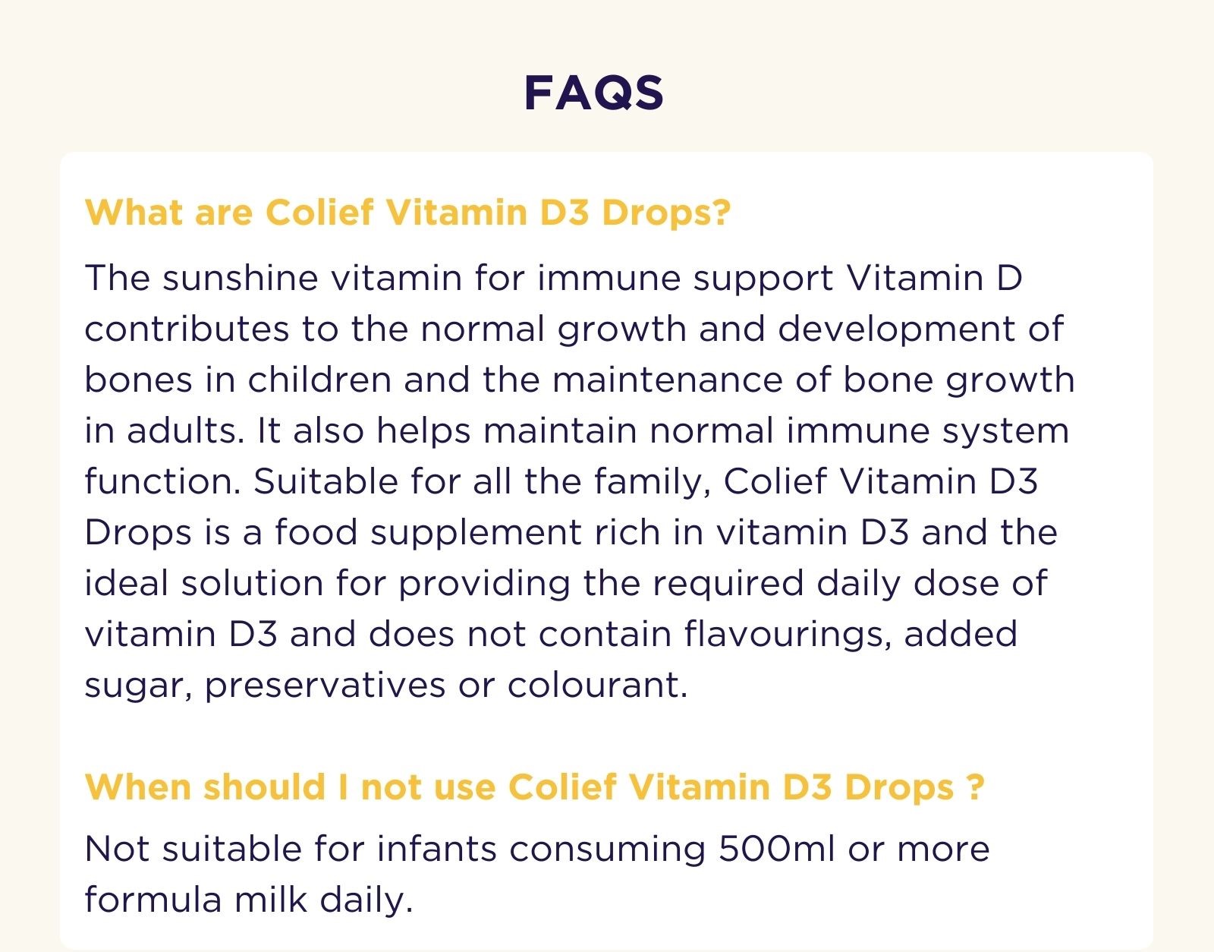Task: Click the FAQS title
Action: pyautogui.click(x=593, y=93)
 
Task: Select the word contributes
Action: pyautogui.click(x=187, y=329)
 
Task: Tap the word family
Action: pyautogui.click(x=651, y=483)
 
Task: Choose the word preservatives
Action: pyautogui.click(x=325, y=686)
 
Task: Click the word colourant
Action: pyautogui.click(x=597, y=685)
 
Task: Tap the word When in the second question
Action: pyautogui.click(x=137, y=787)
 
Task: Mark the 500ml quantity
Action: pyautogui.click(x=776, y=849)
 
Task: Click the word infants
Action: pyautogui.click(x=436, y=849)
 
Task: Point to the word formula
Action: pyautogui.click(x=152, y=900)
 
